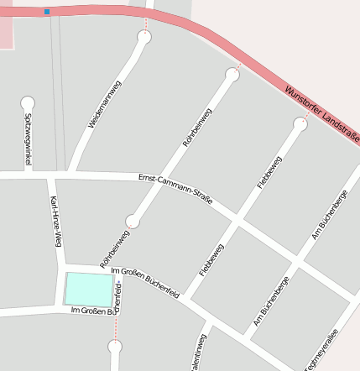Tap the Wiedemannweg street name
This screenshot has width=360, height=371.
coord(105,103)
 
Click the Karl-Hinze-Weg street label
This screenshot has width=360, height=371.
coord(55,222)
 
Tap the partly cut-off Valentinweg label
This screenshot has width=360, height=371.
coord(199,353)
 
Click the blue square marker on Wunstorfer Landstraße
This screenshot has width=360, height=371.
coord(47,12)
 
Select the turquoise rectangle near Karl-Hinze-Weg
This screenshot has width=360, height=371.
coord(88,290)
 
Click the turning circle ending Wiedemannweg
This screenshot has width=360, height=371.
coord(143,37)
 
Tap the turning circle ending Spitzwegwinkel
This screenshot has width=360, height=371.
coord(28,102)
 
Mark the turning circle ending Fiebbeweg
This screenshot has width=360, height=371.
coord(300,124)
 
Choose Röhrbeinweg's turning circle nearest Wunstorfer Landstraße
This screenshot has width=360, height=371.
coord(232,75)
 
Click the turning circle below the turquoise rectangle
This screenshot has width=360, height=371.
coord(115,346)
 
